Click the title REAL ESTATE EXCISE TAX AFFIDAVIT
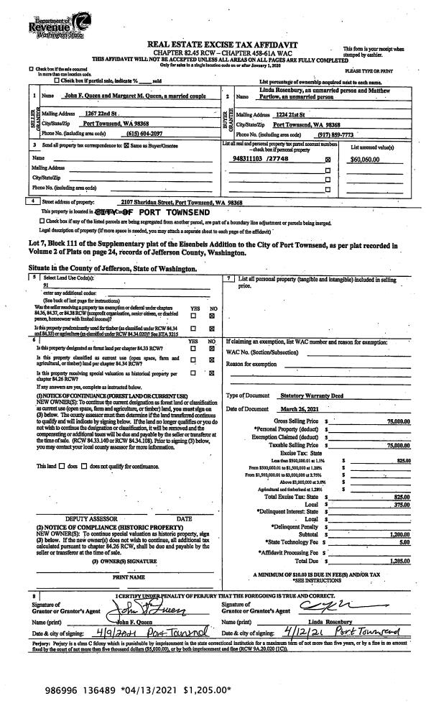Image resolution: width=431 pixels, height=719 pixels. tap(218, 45)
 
